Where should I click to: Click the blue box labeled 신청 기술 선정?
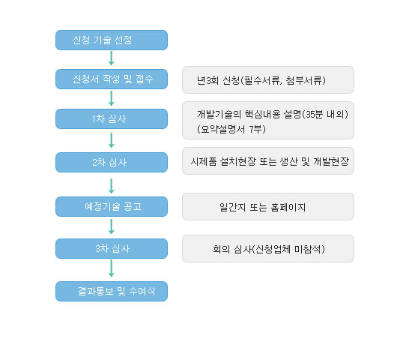(112, 40)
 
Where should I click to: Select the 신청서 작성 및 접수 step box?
(112, 79)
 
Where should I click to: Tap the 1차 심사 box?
(112, 119)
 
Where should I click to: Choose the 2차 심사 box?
(112, 162)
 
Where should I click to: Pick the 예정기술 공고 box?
(112, 206)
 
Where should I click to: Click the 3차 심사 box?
(112, 249)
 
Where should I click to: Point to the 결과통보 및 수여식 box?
(112, 291)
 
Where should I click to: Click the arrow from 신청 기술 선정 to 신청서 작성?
(112, 58)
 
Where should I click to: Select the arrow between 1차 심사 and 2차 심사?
(112, 140)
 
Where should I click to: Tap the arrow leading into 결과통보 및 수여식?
(112, 268)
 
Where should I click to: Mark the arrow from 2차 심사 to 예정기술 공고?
(112, 186)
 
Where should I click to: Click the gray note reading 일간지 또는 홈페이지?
(268, 206)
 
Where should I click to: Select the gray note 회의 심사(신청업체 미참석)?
(268, 249)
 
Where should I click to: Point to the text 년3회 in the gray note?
(207, 80)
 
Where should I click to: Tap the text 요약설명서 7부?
(231, 129)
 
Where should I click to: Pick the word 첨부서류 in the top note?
(304, 80)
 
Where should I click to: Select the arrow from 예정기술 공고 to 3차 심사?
(112, 226)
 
